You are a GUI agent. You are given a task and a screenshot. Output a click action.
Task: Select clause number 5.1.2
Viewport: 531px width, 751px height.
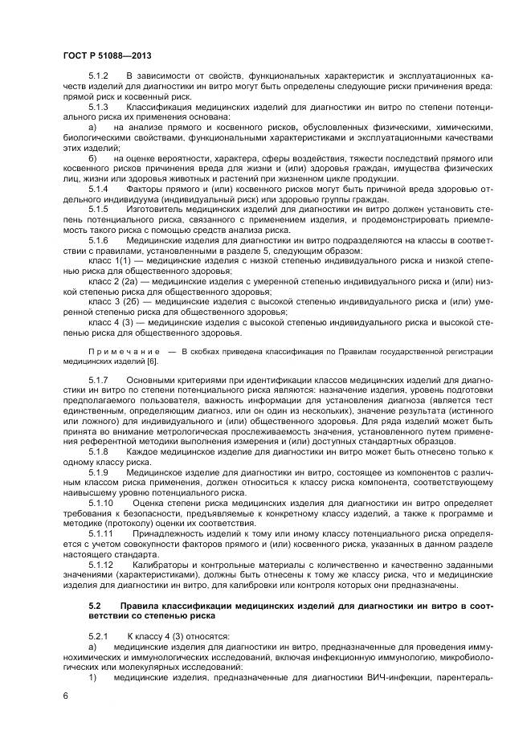point(98,75)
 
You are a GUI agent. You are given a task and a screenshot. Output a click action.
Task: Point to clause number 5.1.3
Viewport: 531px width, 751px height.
point(98,106)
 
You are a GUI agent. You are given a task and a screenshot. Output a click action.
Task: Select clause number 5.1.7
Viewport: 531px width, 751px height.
point(98,380)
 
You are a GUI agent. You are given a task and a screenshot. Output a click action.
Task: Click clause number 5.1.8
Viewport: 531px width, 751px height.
point(98,452)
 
